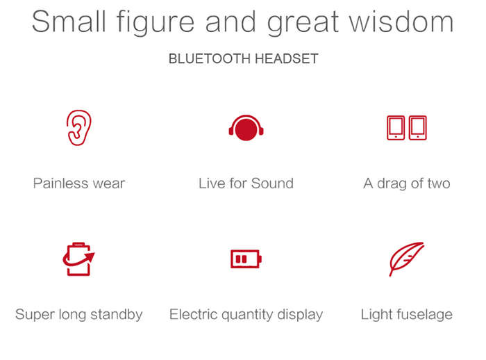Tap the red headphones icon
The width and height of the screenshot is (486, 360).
click(x=246, y=128)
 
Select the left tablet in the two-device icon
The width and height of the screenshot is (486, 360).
click(x=396, y=128)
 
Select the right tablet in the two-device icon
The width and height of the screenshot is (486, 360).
click(x=418, y=128)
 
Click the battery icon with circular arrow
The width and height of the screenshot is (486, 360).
click(x=78, y=259)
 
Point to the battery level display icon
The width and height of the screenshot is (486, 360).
click(x=246, y=259)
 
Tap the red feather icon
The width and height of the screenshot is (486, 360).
click(x=407, y=259)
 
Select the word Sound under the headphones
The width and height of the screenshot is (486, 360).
click(x=272, y=183)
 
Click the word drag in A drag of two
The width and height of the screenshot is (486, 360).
click(x=392, y=183)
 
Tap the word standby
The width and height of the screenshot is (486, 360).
click(x=117, y=314)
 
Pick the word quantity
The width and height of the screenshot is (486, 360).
click(x=249, y=315)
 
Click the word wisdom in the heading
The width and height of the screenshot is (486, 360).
click(x=401, y=22)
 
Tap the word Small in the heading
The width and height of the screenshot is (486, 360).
click(x=69, y=22)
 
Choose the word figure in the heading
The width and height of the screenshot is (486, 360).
click(x=155, y=23)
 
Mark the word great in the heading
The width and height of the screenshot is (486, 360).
click(x=303, y=24)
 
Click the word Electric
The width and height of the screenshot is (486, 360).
click(x=194, y=314)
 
